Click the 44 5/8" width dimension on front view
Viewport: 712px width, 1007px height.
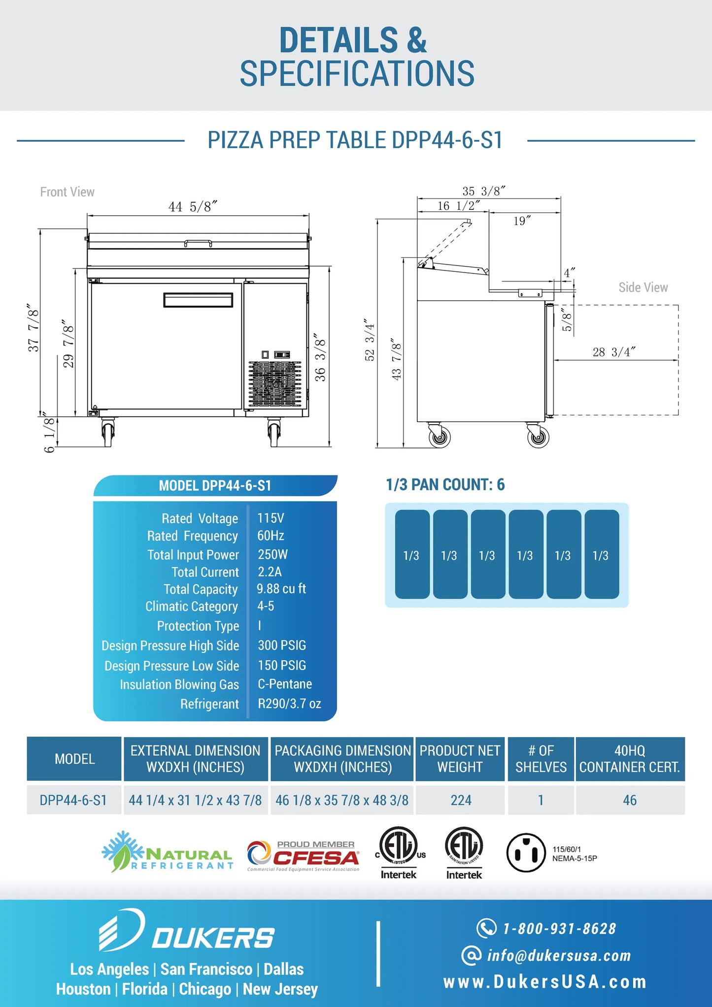point(193,207)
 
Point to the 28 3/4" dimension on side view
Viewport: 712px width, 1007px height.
point(613,352)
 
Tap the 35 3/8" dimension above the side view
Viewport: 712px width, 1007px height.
point(483,191)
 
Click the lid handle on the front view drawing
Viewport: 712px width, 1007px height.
point(198,243)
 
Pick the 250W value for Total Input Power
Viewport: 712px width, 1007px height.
point(272,555)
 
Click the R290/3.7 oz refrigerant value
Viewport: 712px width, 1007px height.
point(289,704)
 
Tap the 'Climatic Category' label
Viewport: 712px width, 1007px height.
point(192,606)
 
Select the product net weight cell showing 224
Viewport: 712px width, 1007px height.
point(461,800)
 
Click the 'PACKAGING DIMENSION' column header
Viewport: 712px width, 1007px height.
point(342,759)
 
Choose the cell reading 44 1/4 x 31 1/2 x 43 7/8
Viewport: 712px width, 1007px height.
point(195,800)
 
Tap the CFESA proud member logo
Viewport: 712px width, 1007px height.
point(304,856)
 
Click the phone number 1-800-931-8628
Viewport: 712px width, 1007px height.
point(559,929)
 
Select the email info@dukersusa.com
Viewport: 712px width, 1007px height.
point(558,956)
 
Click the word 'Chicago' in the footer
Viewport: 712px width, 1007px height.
point(205,989)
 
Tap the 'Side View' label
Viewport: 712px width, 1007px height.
point(643,288)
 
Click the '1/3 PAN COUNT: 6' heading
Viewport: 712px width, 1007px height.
point(445,485)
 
